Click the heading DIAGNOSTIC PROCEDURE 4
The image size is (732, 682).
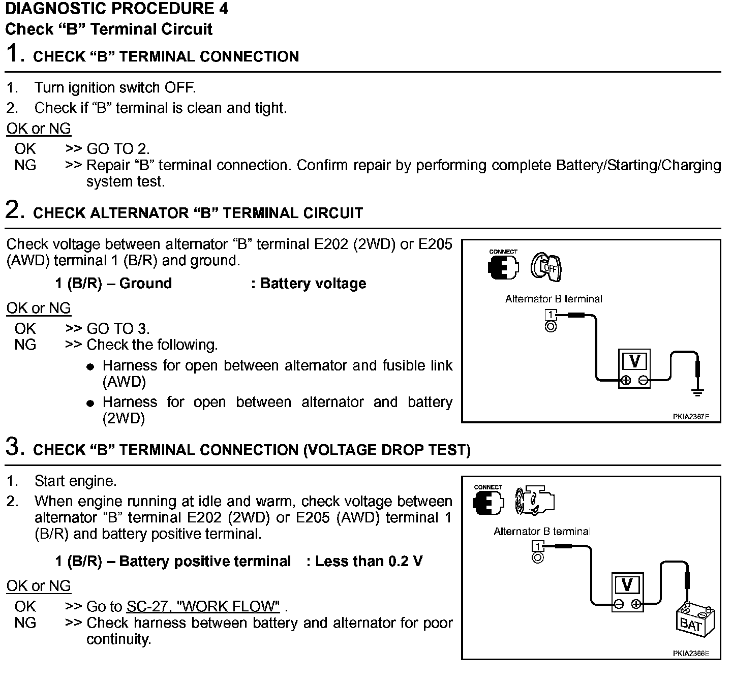[116, 9]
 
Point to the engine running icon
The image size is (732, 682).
[533, 501]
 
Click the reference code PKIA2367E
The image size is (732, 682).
[690, 417]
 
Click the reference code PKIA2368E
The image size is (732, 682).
[690, 654]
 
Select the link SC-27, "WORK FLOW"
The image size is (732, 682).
[203, 606]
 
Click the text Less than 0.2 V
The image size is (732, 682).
[369, 561]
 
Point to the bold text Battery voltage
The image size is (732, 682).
[313, 283]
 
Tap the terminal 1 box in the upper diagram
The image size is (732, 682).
[551, 315]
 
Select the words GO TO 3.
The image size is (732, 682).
[118, 328]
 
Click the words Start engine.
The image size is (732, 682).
[75, 481]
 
